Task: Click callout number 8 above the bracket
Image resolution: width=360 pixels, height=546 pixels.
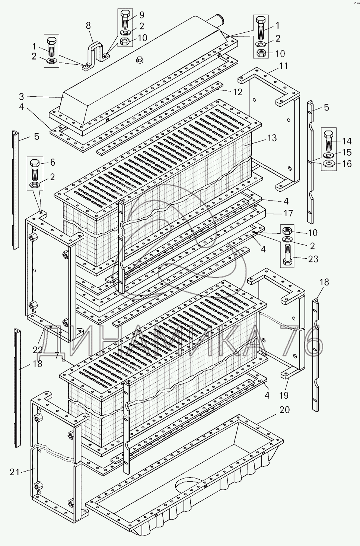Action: click(x=88, y=26)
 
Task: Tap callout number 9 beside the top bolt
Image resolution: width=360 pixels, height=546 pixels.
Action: click(x=141, y=15)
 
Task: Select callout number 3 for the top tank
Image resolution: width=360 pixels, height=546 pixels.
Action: click(x=22, y=97)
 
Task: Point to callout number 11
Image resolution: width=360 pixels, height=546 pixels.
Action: click(x=284, y=66)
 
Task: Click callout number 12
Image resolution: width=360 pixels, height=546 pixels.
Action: click(x=238, y=92)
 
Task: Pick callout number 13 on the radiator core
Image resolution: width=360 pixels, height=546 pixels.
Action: click(x=272, y=138)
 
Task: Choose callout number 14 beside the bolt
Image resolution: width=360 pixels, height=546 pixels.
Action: click(x=347, y=141)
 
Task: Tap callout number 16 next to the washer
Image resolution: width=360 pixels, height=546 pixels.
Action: click(x=347, y=163)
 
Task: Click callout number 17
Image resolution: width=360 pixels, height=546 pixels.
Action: click(x=288, y=213)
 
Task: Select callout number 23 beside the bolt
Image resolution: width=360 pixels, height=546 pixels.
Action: click(x=313, y=259)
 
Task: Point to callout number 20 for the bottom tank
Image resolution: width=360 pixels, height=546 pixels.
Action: click(x=284, y=410)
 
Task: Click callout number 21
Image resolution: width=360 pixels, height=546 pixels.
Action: click(x=15, y=472)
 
